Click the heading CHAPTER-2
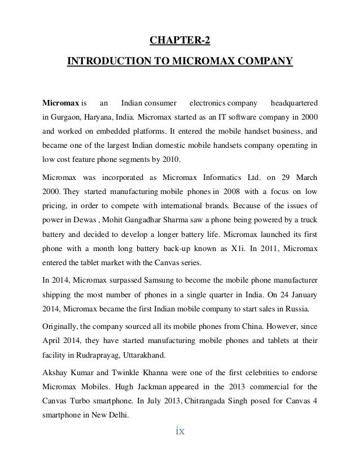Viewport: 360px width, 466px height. click(180, 40)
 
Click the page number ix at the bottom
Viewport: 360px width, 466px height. click(180, 432)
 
